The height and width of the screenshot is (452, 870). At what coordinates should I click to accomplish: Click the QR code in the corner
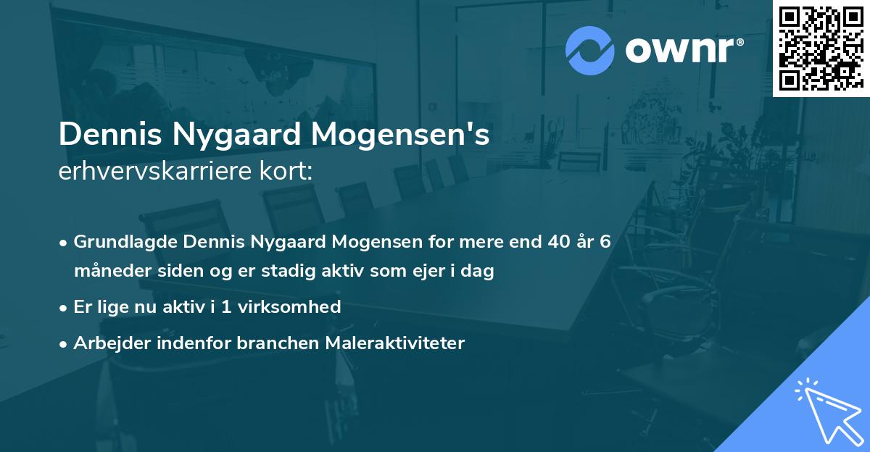click(821, 48)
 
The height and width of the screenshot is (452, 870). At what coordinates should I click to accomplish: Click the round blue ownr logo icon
click(590, 49)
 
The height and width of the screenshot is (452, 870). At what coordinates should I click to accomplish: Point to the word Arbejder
click(105, 343)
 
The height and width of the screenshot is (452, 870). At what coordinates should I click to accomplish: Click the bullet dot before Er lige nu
click(65, 307)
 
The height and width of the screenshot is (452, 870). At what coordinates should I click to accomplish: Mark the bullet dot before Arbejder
click(65, 343)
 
